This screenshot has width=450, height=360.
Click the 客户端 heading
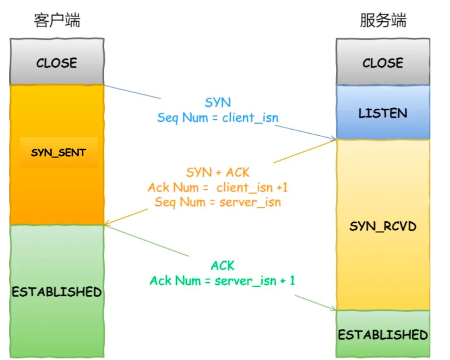coord(57,21)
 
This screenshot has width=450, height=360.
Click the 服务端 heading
coord(383,21)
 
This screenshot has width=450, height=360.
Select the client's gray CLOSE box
coord(56,63)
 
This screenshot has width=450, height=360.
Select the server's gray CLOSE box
coord(383,63)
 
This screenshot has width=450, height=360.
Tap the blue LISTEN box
coord(383,113)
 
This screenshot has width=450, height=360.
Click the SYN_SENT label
coord(59,153)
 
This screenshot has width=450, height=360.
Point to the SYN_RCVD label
coord(383,226)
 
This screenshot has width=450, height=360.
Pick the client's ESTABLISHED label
coord(56,292)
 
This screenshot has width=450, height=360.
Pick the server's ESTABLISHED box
coord(383,334)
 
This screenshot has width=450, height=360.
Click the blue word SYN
coord(218,103)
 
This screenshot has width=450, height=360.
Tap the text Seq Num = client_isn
coord(217,118)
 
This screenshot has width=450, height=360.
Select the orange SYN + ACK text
coord(217,172)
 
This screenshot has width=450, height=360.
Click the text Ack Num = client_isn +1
coord(217,187)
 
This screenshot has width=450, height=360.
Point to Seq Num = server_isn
coord(217,202)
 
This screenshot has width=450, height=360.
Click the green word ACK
coord(223,266)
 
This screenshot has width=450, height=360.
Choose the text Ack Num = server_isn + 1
coord(223,281)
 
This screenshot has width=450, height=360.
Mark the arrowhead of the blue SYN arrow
coord(335,138)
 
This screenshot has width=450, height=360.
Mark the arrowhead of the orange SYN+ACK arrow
coord(106,225)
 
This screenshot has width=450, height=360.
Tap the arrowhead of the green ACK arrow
coord(335,309)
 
